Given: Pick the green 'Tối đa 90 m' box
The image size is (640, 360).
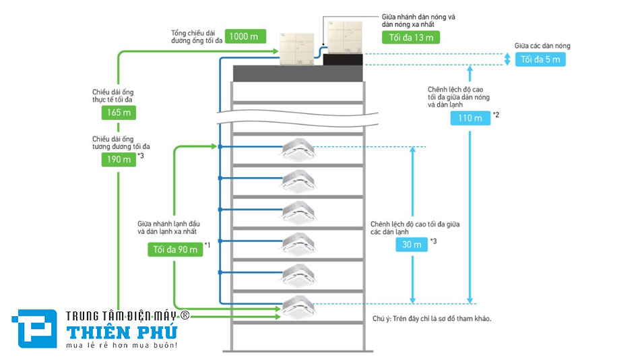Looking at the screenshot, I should click(x=174, y=249).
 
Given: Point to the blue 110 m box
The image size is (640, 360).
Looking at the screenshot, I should click(x=470, y=119).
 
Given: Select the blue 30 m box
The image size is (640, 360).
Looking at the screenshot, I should click(x=412, y=244).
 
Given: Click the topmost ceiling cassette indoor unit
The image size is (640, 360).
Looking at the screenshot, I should click(x=298, y=151).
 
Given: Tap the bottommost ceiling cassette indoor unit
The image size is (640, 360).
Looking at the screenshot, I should click(x=298, y=307).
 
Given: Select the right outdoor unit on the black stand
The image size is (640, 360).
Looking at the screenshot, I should click(x=344, y=36).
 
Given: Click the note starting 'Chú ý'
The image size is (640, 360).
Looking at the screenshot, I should click(x=431, y=318).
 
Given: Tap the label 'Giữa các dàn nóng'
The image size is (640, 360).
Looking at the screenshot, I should click(x=542, y=46).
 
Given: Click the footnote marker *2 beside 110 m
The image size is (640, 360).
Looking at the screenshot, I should click(x=496, y=114).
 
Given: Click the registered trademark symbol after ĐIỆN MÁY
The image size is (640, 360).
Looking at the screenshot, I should click(x=184, y=315).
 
